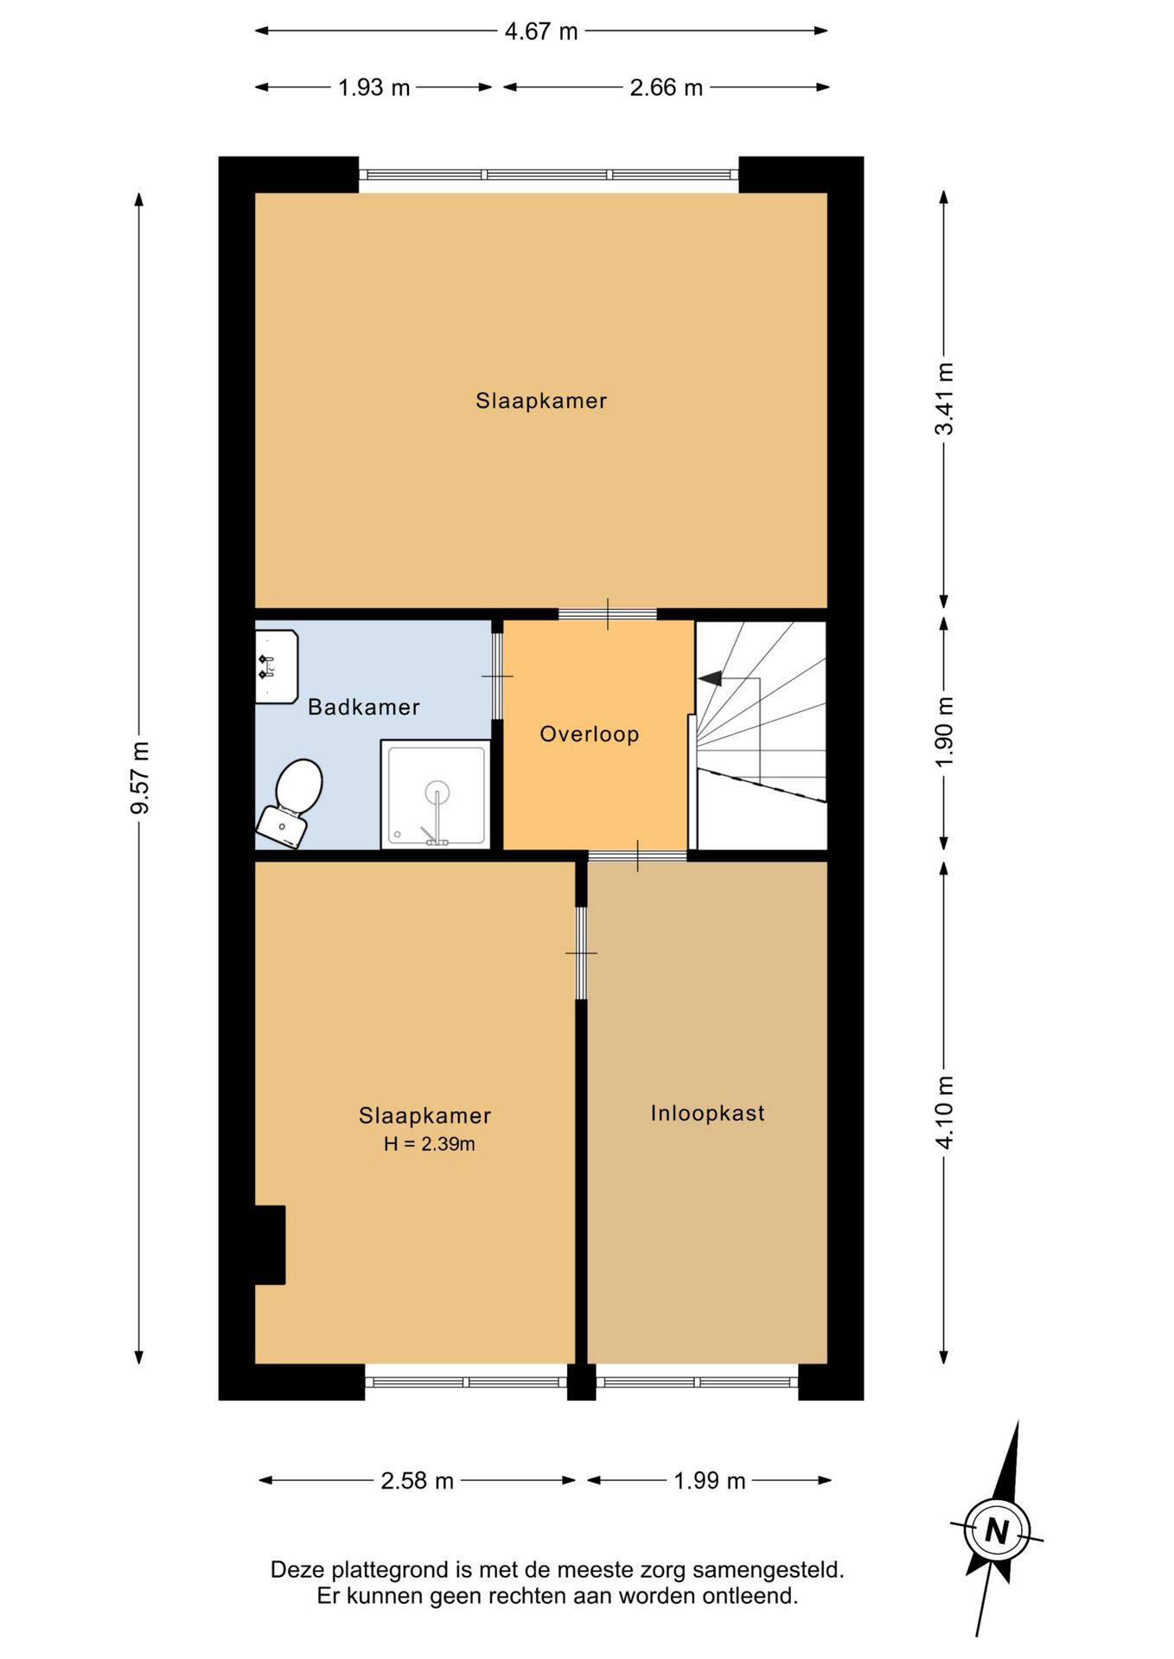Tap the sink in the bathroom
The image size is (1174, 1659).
point(277,666)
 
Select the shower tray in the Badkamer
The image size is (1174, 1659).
point(437,795)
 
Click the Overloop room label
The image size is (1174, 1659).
point(590,734)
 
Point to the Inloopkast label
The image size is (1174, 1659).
point(708,1113)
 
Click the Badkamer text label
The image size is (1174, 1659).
point(364,707)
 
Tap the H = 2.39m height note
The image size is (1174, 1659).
point(430,1144)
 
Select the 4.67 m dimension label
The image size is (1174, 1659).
point(541,31)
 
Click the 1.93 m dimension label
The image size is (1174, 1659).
point(373,87)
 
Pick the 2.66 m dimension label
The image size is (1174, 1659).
point(666,87)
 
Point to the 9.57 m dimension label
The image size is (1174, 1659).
point(140,778)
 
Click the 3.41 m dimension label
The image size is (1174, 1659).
point(945,398)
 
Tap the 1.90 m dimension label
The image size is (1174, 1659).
point(945,731)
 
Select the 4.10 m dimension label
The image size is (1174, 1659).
point(945,1112)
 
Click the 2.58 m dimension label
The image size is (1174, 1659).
point(418,1480)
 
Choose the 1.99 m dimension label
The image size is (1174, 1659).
point(710,1480)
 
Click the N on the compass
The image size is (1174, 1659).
point(997,1531)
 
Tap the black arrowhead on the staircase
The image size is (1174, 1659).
point(710,679)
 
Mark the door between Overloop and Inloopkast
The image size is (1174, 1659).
point(638,855)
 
